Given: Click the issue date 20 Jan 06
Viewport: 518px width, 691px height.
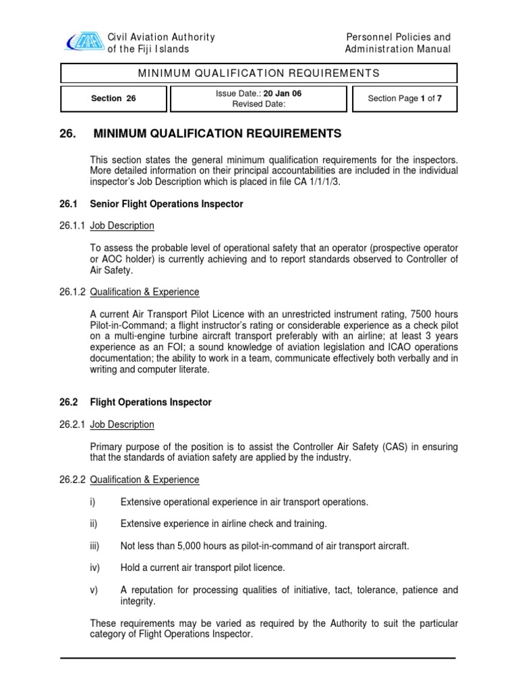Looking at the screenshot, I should pos(283,94).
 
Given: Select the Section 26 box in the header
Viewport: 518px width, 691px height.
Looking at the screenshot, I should pos(113,99).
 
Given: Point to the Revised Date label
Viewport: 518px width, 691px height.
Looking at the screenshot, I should pos(259,104).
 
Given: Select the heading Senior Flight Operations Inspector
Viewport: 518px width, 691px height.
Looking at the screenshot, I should pos(167,204).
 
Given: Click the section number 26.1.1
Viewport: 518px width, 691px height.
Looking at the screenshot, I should pos(73,225).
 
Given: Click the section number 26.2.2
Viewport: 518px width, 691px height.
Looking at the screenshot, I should pos(73,480).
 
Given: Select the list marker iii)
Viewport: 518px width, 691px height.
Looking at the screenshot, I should pos(96,545).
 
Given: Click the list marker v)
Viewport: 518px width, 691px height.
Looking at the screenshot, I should pos(94,590).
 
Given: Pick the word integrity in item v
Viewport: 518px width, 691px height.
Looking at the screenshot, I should pos(138,601).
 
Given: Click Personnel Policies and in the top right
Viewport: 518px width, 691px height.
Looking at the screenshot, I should pos(398,37).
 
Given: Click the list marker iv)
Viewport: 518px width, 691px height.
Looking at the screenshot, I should pos(95,568).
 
